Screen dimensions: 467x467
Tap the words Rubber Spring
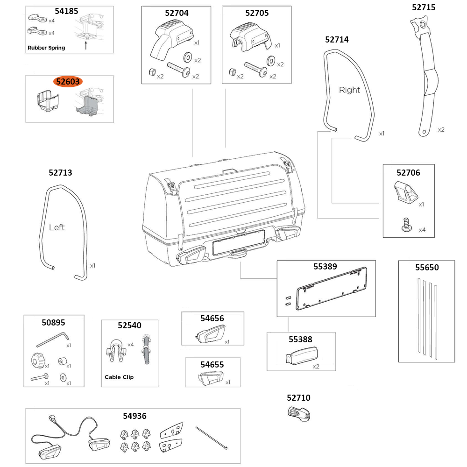pos(46,48)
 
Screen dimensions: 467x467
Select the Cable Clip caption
pos(119,377)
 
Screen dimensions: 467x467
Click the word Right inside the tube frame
pos(349,90)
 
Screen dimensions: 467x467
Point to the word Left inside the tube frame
pos(57,227)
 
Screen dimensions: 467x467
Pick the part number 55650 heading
pos(427,268)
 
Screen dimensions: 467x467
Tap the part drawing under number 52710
pos(299,414)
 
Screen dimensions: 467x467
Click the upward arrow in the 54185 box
pos(85,45)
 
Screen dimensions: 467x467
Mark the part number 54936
pos(134,416)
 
